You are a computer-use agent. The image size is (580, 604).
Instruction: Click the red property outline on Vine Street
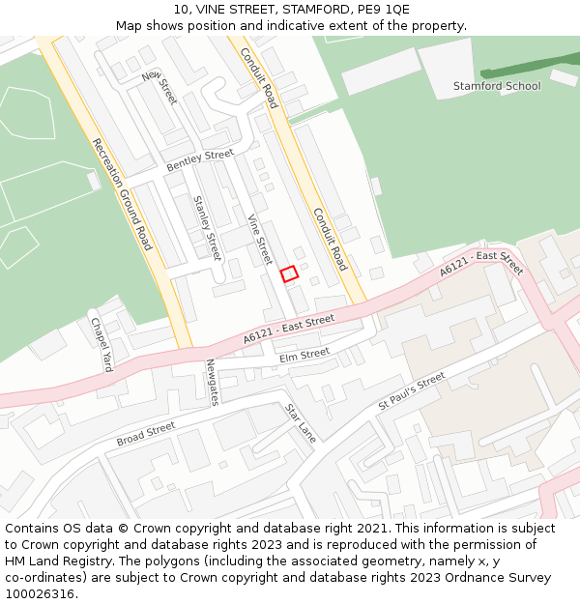pos(289,274)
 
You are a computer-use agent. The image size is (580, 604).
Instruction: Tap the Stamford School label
pos(497,86)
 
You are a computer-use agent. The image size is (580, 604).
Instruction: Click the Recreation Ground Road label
pos(122,194)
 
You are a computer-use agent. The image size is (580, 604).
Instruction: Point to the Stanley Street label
pos(208,228)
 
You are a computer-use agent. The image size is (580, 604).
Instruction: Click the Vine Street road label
pos(260,240)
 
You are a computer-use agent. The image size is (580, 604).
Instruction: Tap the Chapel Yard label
pos(101,345)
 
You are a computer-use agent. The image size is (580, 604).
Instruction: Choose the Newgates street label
pos(213,382)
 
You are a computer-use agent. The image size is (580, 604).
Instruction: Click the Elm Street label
pos(304,356)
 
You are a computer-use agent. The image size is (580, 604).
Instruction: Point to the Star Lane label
pos(301,423)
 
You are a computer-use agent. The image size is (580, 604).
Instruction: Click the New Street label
pos(159,87)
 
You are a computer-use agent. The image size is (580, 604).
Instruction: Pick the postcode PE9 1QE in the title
pos(384,10)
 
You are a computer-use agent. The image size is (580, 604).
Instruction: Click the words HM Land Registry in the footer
pos(47,561)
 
